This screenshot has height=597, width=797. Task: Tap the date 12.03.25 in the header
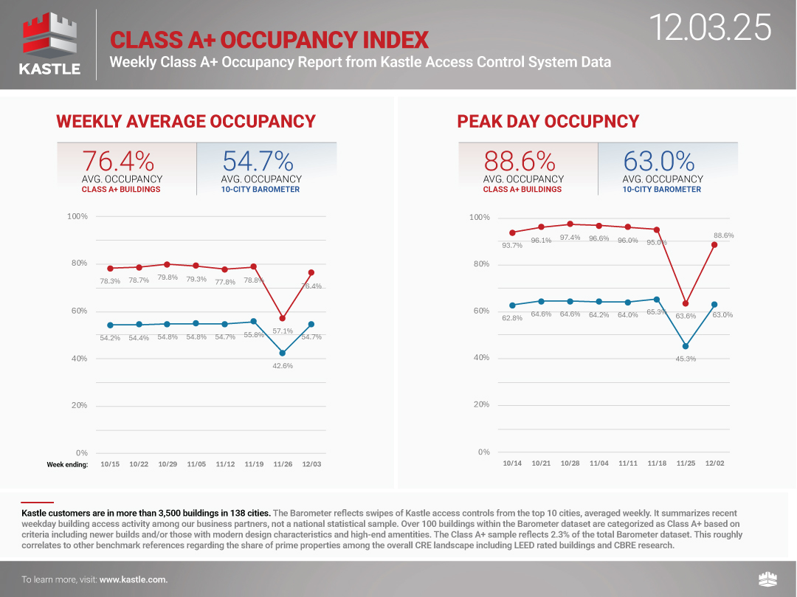tap(711, 27)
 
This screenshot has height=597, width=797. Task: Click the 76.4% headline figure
tap(118, 161)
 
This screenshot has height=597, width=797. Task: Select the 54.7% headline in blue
tap(258, 161)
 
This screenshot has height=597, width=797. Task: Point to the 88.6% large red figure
tap(520, 161)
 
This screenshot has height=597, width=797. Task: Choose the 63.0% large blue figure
tap(659, 161)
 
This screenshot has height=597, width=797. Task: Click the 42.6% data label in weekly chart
tap(283, 365)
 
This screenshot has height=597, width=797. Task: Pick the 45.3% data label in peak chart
tap(686, 359)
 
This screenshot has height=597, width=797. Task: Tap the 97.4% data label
tap(570, 238)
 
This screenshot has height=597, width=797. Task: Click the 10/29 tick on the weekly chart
tap(168, 464)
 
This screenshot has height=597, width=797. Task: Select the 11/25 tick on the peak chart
tap(686, 463)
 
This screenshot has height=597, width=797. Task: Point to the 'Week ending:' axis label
tap(67, 464)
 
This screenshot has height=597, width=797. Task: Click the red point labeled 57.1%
tap(283, 318)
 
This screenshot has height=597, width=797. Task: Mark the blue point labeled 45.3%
tap(686, 346)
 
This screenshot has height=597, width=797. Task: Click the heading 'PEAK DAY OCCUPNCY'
tap(548, 122)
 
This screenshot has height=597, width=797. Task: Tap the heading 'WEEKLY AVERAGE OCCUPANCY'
tap(185, 122)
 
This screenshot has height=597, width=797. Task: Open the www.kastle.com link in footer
tap(134, 580)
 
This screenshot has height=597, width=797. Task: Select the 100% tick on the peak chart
tap(479, 218)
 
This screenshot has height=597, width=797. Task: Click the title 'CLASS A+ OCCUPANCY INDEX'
tap(269, 39)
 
